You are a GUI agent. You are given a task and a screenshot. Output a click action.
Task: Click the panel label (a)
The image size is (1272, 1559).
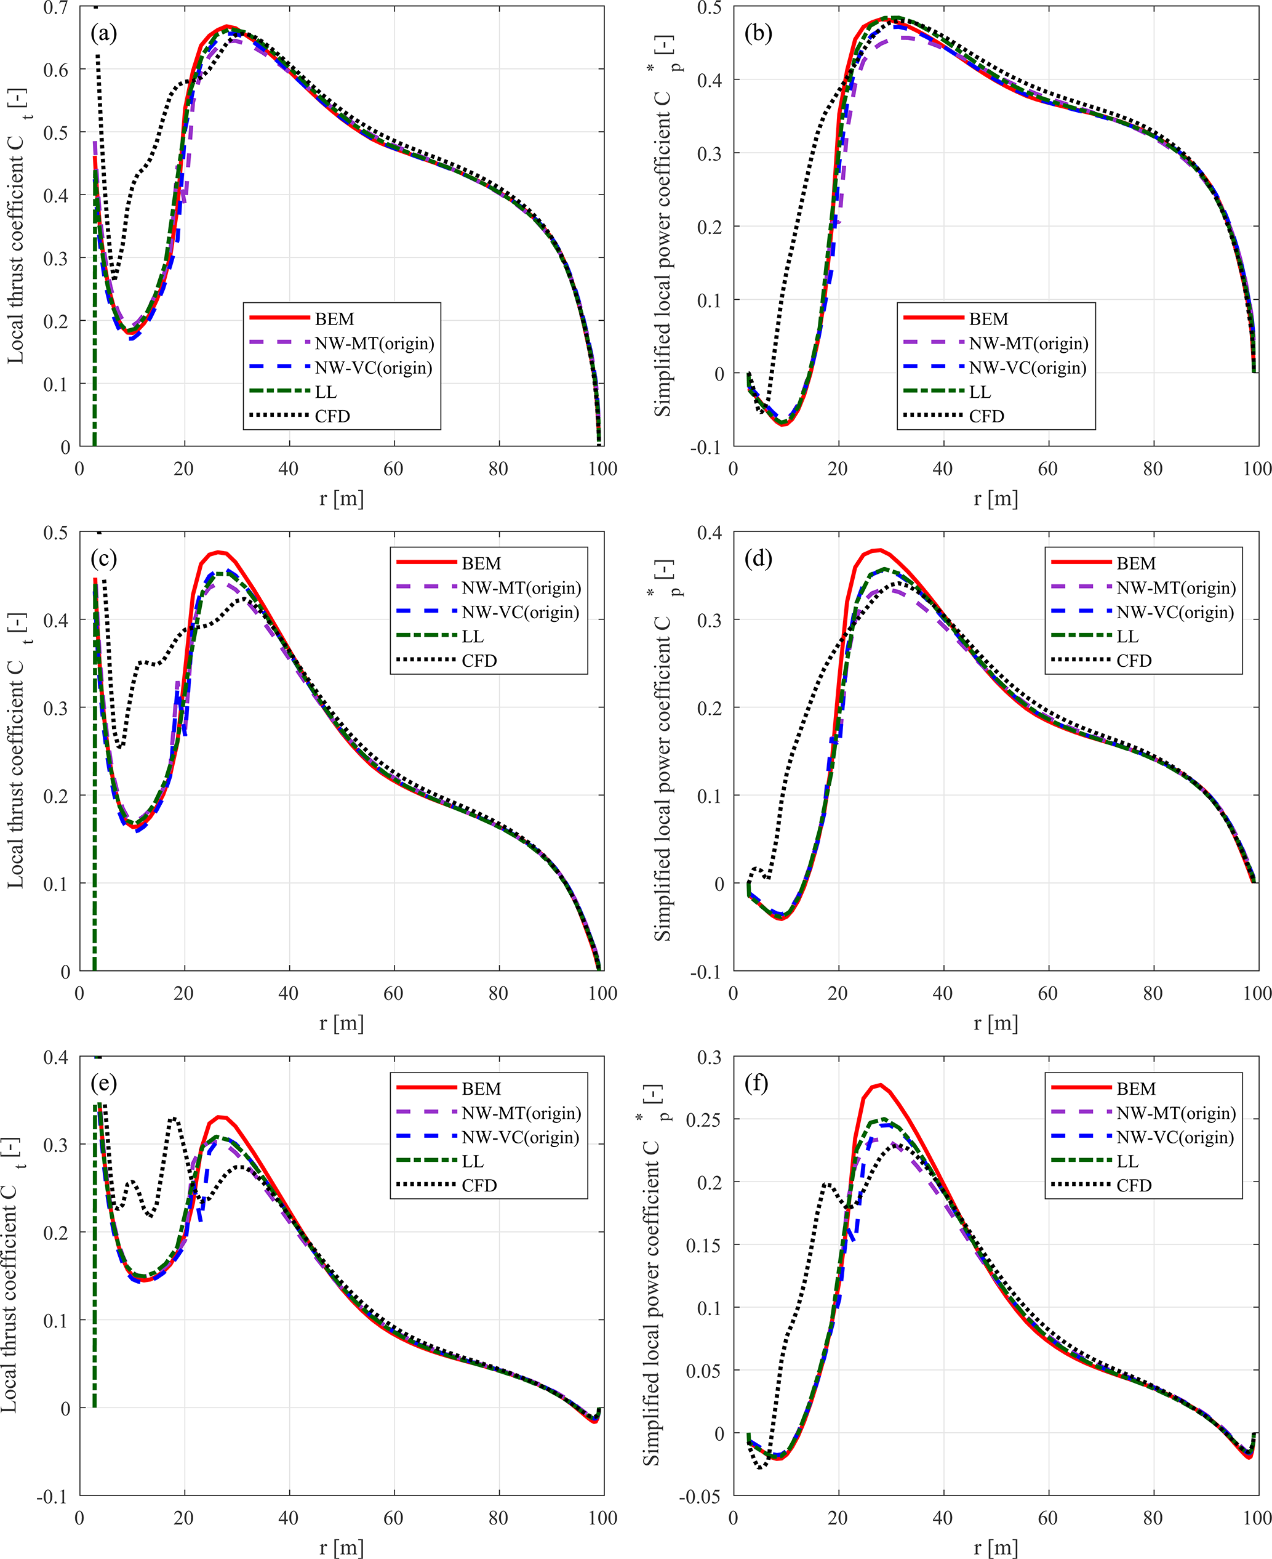103,33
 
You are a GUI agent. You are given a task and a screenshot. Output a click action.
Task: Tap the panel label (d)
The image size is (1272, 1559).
758,558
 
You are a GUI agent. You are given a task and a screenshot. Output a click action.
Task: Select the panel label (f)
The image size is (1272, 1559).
756,1082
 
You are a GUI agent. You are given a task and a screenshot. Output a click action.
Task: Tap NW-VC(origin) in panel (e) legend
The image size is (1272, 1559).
520,1137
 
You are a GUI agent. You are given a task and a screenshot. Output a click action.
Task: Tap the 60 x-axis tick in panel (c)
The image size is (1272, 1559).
393,993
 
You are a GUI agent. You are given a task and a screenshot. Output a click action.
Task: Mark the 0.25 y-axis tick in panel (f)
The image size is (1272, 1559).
703,1119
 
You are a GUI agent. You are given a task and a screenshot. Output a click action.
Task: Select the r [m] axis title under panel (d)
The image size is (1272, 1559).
996,1023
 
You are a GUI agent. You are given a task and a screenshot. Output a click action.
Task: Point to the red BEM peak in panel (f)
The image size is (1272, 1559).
880,1085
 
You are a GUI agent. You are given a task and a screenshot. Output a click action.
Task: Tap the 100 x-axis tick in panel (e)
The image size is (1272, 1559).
602,1518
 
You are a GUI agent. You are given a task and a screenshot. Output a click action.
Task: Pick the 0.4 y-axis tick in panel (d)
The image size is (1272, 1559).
710,533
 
